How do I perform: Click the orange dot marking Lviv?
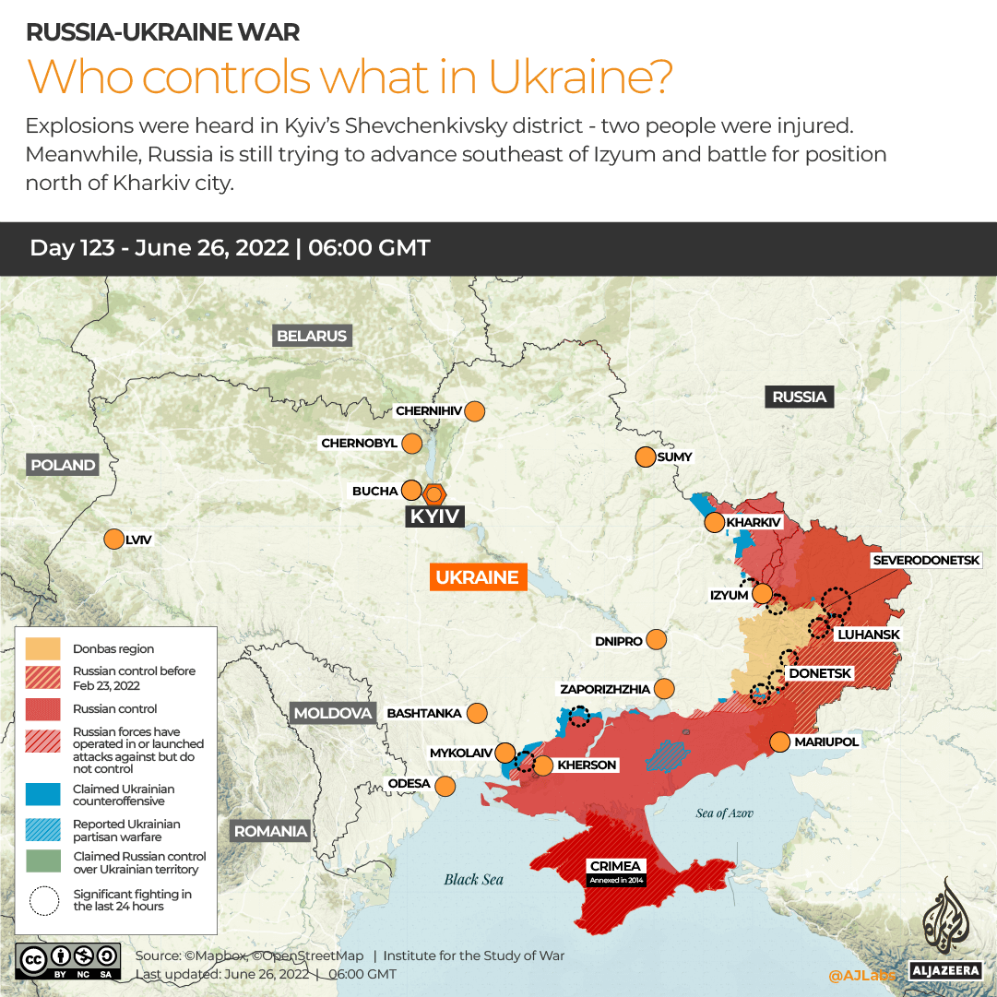(x=114, y=540)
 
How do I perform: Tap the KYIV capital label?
(x=434, y=516)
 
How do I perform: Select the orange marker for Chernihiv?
(x=475, y=411)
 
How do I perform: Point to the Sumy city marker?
(x=645, y=457)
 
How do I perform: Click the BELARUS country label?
(x=312, y=336)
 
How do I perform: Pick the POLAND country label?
(x=63, y=465)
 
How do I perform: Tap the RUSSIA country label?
(x=799, y=397)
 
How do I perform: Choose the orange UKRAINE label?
(x=477, y=577)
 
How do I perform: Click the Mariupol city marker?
(x=779, y=742)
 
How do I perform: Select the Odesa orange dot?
(x=445, y=786)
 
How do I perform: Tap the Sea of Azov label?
(x=725, y=813)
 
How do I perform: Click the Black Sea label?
(x=473, y=879)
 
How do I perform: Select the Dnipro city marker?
(x=657, y=639)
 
